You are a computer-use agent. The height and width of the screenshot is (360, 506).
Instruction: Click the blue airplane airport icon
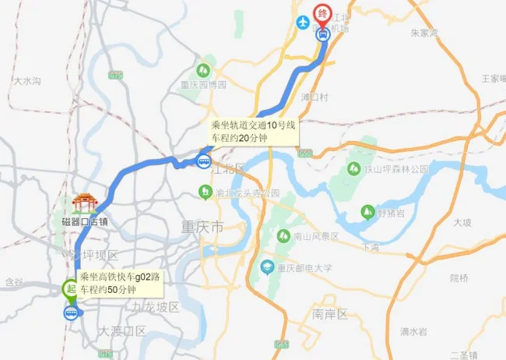(x=303, y=22)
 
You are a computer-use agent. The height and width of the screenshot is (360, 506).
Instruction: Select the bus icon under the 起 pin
(x=71, y=313)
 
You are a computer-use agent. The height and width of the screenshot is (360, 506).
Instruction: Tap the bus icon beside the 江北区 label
(x=203, y=162)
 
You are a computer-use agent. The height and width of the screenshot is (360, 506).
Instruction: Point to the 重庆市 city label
(x=202, y=228)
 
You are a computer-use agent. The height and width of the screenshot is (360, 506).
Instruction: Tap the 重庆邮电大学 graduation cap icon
(x=267, y=266)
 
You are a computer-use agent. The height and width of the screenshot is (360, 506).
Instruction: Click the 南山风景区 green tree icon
(x=282, y=235)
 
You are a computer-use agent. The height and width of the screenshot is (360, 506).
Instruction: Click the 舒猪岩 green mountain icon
(x=367, y=211)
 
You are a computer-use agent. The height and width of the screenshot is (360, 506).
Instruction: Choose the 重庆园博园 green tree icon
(x=206, y=69)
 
